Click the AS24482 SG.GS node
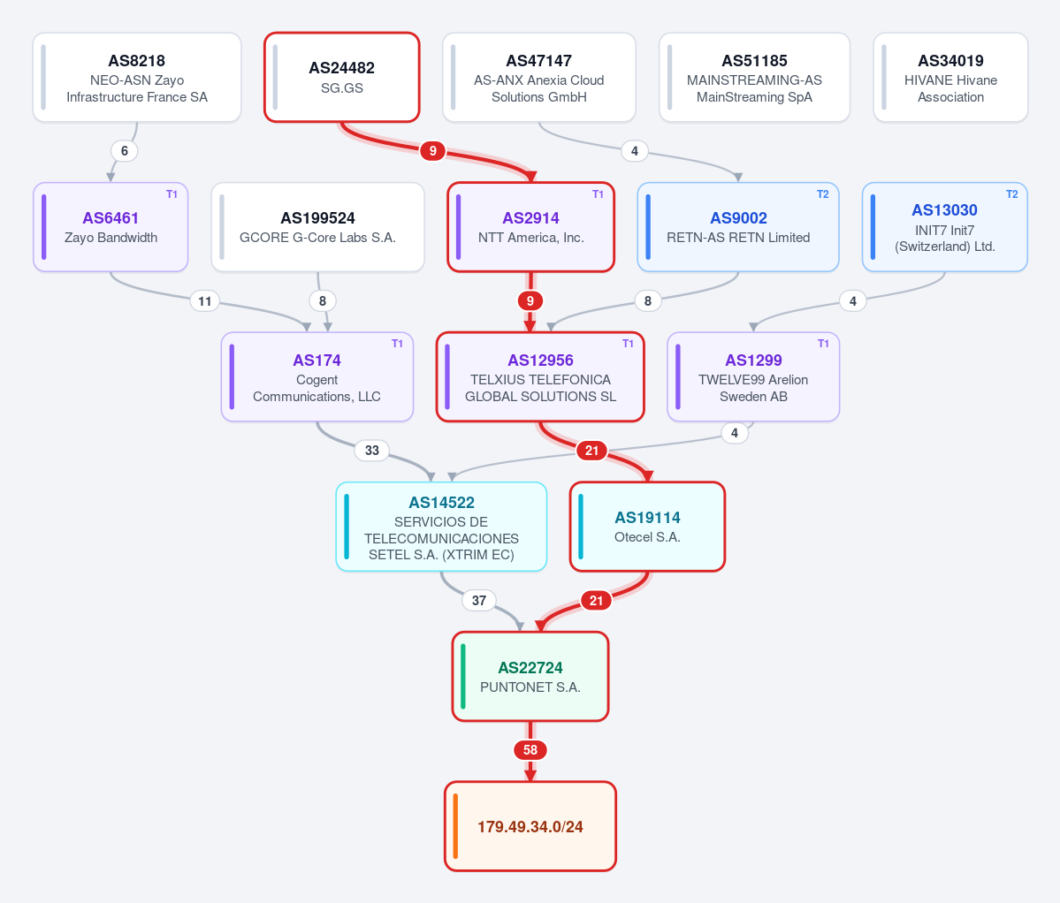tap(342, 78)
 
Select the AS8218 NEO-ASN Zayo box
tap(137, 78)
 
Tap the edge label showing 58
tap(530, 749)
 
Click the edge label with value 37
tap(478, 601)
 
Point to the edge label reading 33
tap(372, 451)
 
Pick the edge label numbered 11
tap(205, 301)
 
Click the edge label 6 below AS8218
tap(125, 151)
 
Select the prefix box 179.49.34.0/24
tap(530, 827)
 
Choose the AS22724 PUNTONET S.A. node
tap(530, 677)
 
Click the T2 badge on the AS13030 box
tap(1011, 194)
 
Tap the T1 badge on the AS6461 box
tap(172, 194)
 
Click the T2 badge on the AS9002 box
tap(823, 194)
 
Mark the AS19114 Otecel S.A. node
tap(648, 527)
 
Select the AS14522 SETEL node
tap(441, 527)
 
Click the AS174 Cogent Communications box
tap(317, 377)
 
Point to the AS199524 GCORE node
tap(317, 228)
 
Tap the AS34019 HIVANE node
tap(950, 78)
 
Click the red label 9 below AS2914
tap(530, 301)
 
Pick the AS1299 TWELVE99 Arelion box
tap(753, 377)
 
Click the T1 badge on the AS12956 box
tap(628, 344)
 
